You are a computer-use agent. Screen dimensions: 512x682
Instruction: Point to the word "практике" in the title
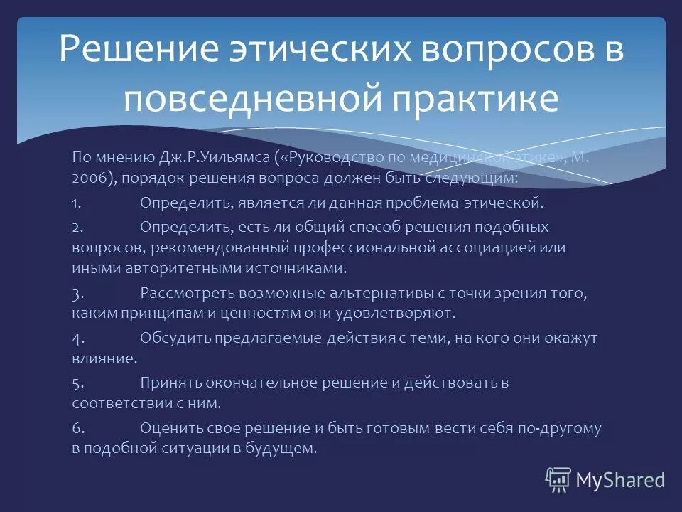coord(468,100)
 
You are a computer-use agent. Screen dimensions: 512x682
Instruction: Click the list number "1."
coord(78,203)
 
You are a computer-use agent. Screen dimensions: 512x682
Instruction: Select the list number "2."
coord(78,227)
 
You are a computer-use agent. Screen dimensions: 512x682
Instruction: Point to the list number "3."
coord(78,293)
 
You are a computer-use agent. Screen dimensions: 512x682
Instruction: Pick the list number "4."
coord(78,338)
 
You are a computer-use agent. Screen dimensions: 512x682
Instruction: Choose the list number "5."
coord(78,383)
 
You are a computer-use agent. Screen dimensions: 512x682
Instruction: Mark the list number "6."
coord(78,428)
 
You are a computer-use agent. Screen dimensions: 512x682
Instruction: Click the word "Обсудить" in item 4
coord(170,338)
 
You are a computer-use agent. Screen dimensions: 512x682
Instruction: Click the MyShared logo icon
coord(558,480)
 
